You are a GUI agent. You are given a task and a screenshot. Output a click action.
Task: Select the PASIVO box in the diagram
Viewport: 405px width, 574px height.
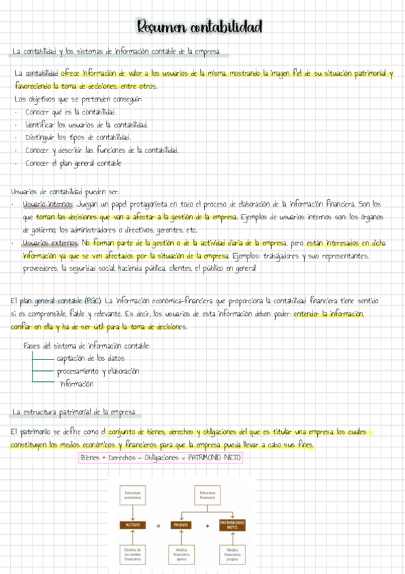point(181,525)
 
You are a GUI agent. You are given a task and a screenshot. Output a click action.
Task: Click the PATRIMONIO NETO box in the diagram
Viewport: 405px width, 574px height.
point(232,525)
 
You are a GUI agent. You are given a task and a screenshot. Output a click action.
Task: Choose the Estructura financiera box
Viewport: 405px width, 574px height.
point(207,496)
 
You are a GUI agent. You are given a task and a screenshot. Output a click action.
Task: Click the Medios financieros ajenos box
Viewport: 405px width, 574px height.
point(181,554)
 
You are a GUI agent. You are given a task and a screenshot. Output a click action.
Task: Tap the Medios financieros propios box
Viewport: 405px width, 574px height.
point(232,554)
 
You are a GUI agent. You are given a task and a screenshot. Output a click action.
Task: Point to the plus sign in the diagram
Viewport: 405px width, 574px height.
point(207,525)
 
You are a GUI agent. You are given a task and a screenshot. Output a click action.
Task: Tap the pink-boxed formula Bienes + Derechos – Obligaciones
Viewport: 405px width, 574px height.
point(160,458)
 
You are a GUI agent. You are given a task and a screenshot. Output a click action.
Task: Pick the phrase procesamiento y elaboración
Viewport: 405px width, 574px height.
point(97,371)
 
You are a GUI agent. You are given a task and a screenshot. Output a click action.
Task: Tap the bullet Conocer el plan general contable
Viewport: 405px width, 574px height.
point(73,163)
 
